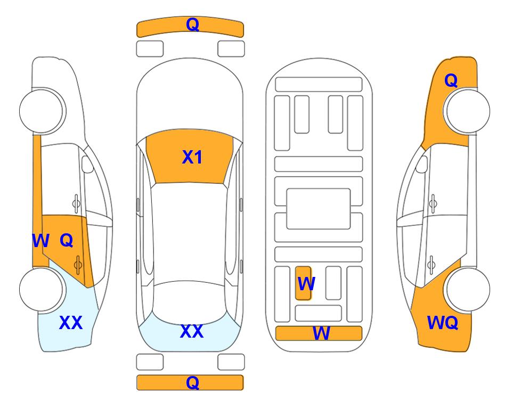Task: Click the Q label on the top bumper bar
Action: (x=193, y=24)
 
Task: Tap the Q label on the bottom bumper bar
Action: (x=193, y=382)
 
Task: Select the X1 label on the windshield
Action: (x=192, y=157)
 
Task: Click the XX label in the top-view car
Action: (x=192, y=331)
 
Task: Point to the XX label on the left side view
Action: (x=71, y=323)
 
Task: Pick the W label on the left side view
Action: (x=40, y=241)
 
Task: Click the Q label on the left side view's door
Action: (x=67, y=241)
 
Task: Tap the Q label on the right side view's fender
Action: (x=451, y=80)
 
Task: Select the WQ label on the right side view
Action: (x=443, y=323)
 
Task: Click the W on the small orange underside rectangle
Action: (x=306, y=284)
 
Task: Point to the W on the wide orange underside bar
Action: (x=321, y=333)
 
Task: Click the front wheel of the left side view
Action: (x=43, y=111)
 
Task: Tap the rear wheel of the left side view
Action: (x=43, y=289)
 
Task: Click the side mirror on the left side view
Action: (x=87, y=164)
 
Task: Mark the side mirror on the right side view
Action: (x=421, y=164)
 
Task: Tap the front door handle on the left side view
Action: (x=76, y=203)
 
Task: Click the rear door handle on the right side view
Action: (x=431, y=265)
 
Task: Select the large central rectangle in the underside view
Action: (x=319, y=209)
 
